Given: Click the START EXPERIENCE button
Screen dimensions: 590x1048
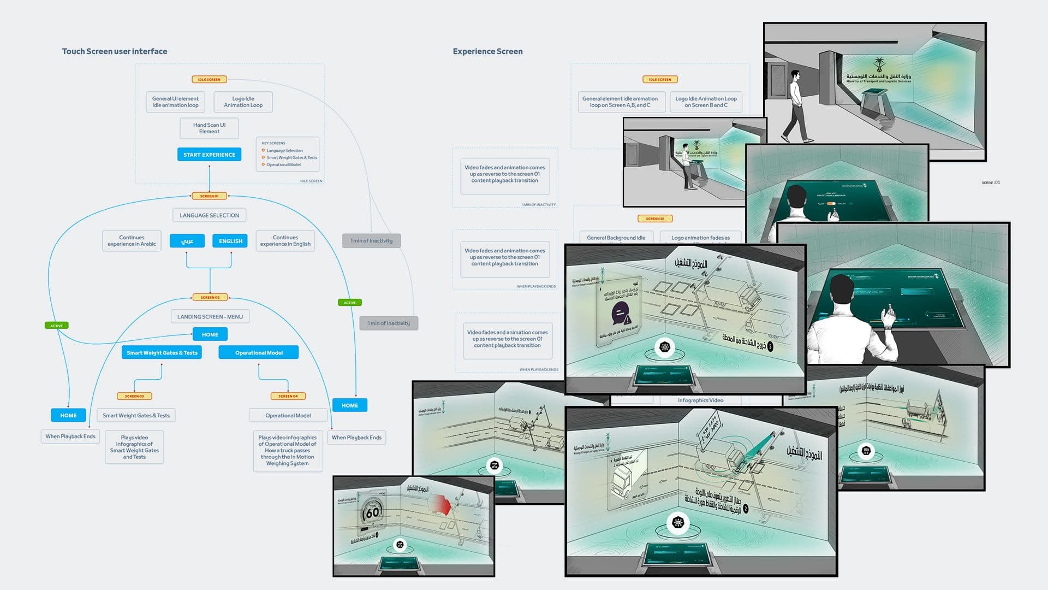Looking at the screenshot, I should pos(209,155).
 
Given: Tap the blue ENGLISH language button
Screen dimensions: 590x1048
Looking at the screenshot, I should pos(230,241).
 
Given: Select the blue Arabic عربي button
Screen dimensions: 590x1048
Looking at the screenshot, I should pos(187,241).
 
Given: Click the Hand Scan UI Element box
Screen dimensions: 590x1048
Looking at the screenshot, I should pos(209,128).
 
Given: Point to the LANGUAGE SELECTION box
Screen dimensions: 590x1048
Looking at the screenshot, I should pos(209,215).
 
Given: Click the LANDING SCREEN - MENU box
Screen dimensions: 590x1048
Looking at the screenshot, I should pos(210,317).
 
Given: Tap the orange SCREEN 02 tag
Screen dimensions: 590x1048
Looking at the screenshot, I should pos(210,298).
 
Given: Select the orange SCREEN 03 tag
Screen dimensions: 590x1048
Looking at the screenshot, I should pos(134,396).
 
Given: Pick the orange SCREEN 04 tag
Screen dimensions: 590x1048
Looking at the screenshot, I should pos(288,396).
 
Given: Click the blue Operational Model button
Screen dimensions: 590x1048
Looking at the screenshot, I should pos(259,353).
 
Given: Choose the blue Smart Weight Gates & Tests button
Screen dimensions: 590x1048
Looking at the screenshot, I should pos(162,353).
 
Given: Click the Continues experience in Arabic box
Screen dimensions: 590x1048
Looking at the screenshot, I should pos(132,241).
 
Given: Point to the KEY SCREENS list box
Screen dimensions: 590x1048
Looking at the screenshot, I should pos(287,154).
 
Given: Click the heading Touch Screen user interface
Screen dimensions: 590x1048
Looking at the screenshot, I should pos(115,51).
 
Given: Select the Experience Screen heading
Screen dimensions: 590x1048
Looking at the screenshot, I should pos(487,51).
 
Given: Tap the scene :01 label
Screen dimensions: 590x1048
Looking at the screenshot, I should pos(991,182).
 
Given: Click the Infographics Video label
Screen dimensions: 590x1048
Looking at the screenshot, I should pos(700,400).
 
